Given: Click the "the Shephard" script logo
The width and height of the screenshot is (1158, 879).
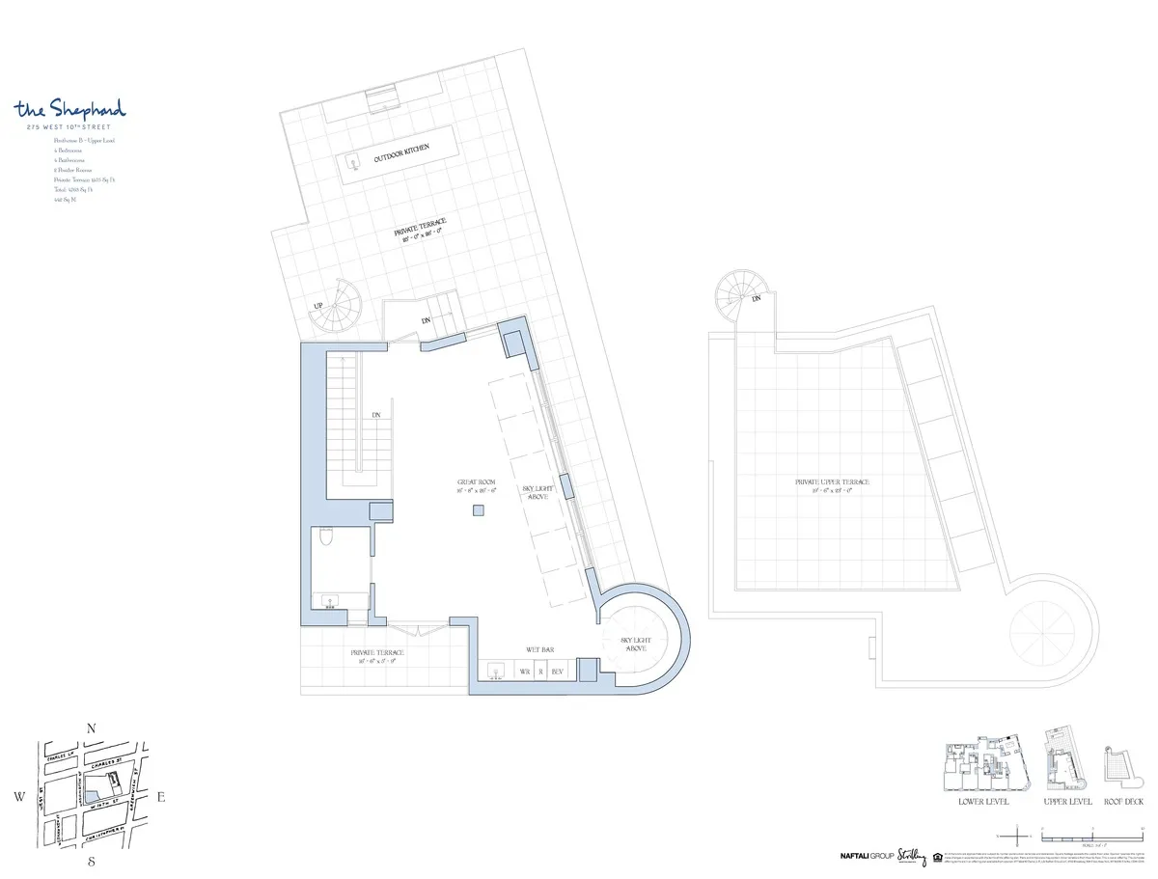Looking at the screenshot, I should (70, 109).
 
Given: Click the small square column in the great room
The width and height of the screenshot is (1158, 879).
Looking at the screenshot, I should (478, 511).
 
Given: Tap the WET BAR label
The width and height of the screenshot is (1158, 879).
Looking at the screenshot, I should (539, 650).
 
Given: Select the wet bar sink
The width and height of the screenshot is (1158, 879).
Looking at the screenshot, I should (498, 670).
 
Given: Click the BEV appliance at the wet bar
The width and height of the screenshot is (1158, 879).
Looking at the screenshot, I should (558, 670).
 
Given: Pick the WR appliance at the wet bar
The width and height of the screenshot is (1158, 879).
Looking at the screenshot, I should (525, 670).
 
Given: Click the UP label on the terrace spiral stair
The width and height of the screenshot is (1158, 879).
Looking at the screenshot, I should (316, 307).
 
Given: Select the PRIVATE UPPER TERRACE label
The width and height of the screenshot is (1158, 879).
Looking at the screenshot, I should (832, 482).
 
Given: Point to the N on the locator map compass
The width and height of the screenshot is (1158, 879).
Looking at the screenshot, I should (91, 728).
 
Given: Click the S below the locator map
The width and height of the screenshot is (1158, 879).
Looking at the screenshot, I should (91, 860).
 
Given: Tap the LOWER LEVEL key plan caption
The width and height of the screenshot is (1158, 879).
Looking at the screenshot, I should (984, 802).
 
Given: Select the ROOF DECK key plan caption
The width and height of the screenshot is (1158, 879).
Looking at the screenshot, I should (1122, 802).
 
